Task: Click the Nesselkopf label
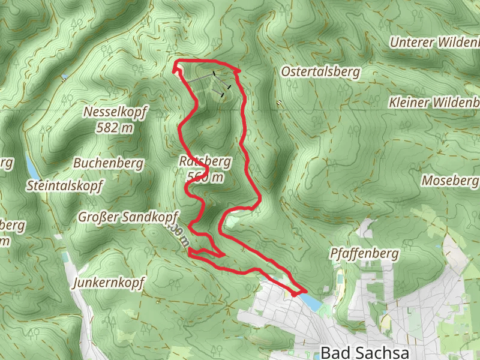point(115,112)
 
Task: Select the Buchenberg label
point(108,163)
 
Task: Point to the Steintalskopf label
point(65,185)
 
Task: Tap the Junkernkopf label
point(108,283)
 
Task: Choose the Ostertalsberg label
point(321,72)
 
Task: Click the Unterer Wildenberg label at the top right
point(435,43)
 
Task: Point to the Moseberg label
point(450,180)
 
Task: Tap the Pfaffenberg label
point(364,254)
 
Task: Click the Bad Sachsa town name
point(365,352)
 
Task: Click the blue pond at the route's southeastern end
point(310,301)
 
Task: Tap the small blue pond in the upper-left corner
point(64,77)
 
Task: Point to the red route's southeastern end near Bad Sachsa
point(294,294)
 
